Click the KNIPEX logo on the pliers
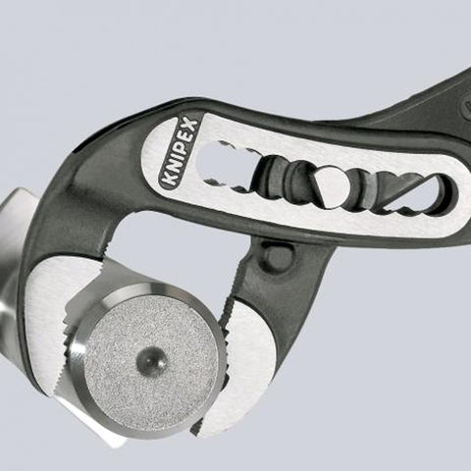(x=179, y=152)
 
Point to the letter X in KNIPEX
(x=190, y=126)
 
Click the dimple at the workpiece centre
(x=151, y=360)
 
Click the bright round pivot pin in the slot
(x=331, y=185)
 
